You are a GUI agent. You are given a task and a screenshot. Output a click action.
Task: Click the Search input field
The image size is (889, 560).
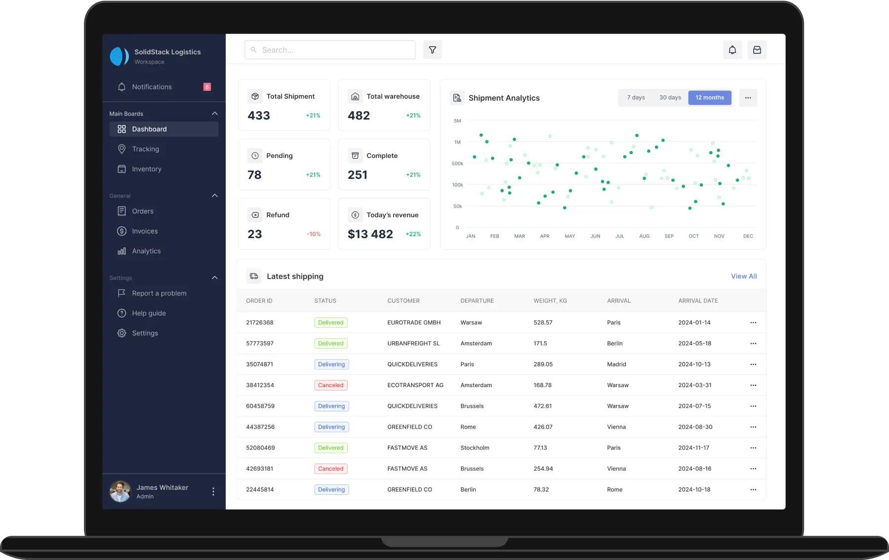pos(330,50)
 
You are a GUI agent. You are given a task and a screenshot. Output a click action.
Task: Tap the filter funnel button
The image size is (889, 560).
pos(432,50)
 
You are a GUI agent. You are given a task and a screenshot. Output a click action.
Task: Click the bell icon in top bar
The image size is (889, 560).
pos(732,50)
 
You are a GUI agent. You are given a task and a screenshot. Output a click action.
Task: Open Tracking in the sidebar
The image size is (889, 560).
pos(145,149)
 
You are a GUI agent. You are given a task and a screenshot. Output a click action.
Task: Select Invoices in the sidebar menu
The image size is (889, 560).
pos(145,231)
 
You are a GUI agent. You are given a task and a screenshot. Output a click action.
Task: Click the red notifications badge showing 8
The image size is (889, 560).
pos(207,87)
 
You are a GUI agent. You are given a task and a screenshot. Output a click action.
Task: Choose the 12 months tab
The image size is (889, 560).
pos(710,98)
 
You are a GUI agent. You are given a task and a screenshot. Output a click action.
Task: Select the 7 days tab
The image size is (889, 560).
pos(636,98)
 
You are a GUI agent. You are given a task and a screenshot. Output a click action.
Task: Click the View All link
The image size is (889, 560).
pos(744,277)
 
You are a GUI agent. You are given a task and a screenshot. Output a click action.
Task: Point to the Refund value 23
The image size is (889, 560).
pos(255,234)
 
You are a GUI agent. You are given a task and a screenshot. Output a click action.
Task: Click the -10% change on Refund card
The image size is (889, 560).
pos(314,234)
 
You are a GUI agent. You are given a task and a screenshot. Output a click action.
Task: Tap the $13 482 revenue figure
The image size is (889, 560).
pos(370,234)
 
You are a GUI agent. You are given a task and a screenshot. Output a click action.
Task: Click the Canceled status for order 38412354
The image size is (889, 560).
pos(331,385)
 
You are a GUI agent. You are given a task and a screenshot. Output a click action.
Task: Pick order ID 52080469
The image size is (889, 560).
pos(260,448)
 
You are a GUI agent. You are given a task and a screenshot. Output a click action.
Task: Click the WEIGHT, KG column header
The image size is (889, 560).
pos(550,301)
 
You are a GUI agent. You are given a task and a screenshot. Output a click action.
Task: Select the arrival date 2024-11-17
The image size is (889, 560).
pos(693,448)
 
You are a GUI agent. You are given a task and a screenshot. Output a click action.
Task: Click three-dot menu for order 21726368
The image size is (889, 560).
pos(753,322)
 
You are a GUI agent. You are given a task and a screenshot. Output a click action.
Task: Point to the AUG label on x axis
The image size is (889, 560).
pos(645,237)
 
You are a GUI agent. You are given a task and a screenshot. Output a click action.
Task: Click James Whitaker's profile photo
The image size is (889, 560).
pos(120,491)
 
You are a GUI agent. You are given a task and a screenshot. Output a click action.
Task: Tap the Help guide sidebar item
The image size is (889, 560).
pos(149,313)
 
